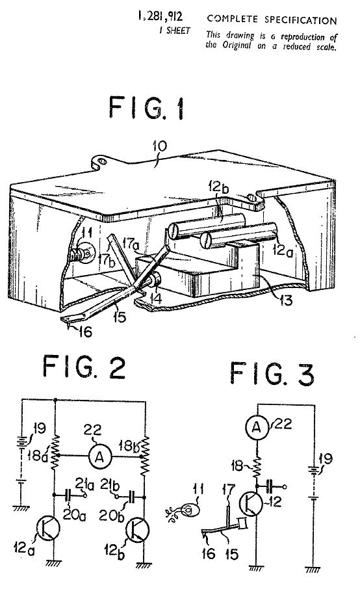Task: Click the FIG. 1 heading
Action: point(146,107)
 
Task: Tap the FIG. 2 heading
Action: point(84,367)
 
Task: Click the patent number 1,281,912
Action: point(160,16)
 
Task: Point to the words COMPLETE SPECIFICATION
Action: point(272,20)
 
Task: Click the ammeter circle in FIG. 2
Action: point(100,456)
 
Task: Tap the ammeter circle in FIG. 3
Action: point(257,427)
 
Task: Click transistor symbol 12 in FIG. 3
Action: point(251,503)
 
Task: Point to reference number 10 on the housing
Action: point(160,146)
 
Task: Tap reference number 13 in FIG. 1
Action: point(286,300)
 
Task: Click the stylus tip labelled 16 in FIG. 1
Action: point(68,322)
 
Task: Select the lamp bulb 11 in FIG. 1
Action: point(86,253)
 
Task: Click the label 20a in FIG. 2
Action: point(74,514)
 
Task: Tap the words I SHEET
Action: point(175,31)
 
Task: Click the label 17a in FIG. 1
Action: point(131,244)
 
